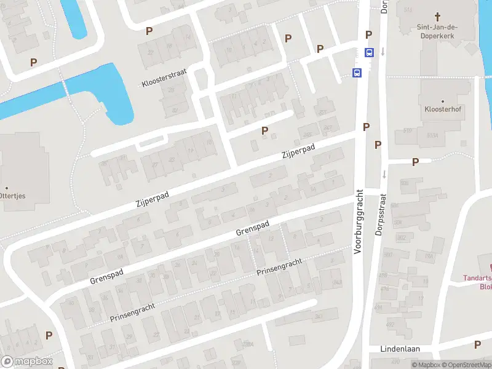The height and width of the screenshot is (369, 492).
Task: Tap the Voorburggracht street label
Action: click(360, 222)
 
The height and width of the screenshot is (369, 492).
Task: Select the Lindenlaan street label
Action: click(400, 349)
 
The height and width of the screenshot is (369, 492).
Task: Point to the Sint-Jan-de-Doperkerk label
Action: click(438, 31)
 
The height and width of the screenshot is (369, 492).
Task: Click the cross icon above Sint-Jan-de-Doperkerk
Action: click(438, 17)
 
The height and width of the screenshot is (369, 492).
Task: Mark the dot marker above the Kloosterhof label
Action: click(443, 100)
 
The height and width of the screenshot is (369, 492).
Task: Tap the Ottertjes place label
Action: click(17, 196)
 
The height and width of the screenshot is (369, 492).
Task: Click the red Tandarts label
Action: click(477, 278)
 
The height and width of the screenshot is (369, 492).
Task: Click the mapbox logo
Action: click(26, 362)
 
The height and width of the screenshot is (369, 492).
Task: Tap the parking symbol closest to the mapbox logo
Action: click(49, 335)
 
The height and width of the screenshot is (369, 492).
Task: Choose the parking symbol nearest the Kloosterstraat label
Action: click(149, 31)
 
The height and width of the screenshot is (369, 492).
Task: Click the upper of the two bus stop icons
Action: click(369, 52)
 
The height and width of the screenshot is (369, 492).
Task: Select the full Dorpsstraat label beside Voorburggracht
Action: click(380, 218)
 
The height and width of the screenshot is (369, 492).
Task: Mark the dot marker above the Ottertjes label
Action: click(7, 188)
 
